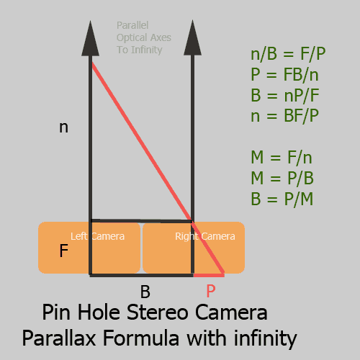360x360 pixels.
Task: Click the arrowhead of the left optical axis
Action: [90, 40]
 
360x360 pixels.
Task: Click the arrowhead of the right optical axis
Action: [192, 39]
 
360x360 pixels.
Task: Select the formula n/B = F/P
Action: [288, 54]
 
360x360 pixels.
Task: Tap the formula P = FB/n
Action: [284, 75]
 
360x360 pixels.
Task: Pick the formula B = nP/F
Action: [285, 95]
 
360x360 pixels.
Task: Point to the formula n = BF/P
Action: [284, 116]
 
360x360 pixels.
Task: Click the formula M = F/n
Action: [282, 158]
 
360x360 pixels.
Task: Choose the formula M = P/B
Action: [282, 178]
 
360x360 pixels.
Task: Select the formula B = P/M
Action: [282, 199]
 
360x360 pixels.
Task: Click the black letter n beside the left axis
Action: [63, 127]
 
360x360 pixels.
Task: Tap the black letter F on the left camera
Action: [63, 251]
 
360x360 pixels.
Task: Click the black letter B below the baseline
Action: [145, 292]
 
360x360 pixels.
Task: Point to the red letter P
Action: [211, 291]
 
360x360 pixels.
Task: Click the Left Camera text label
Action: [97, 236]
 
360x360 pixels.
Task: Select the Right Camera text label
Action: [205, 237]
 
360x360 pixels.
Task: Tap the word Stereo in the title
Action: [157, 312]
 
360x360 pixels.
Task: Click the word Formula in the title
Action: [141, 338]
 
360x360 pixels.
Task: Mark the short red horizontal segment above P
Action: [209, 275]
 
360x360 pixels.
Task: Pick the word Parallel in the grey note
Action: [132, 25]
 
